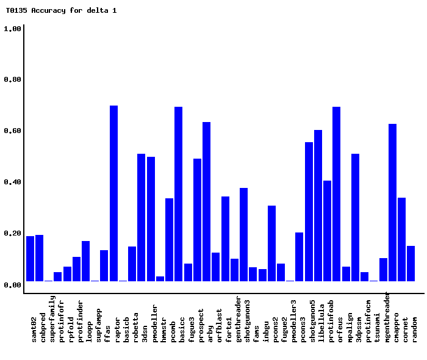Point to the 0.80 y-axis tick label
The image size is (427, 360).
[13, 80]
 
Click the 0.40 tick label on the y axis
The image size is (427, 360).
[13, 182]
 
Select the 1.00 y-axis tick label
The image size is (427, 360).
[13, 29]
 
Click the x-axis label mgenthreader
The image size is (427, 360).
[387, 318]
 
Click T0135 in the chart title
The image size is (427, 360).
[16, 10]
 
